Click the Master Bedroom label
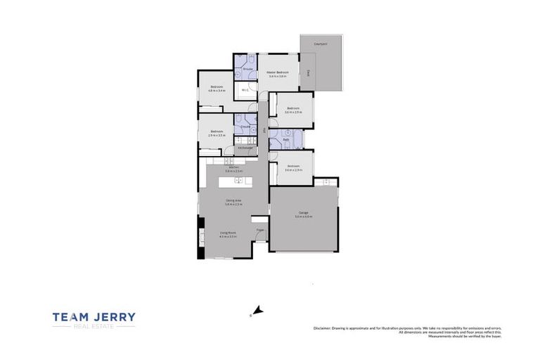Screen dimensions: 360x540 tap(278, 73)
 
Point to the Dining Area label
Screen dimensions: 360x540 tap(233, 201)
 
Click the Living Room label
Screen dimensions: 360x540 tap(227, 233)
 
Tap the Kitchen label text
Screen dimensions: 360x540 tap(233, 167)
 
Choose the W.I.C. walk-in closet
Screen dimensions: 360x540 tap(245, 90)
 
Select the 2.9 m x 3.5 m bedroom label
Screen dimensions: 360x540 tap(217, 132)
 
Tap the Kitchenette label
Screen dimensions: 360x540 tap(245, 148)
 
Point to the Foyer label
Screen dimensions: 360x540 tap(259, 230)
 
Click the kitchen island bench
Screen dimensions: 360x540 tap(233, 181)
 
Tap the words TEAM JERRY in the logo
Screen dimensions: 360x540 tap(94, 317)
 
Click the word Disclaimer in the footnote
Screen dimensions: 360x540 tap(322, 328)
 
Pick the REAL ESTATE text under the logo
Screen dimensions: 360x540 tap(94, 327)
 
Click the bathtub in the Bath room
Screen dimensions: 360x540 tap(297, 139)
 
